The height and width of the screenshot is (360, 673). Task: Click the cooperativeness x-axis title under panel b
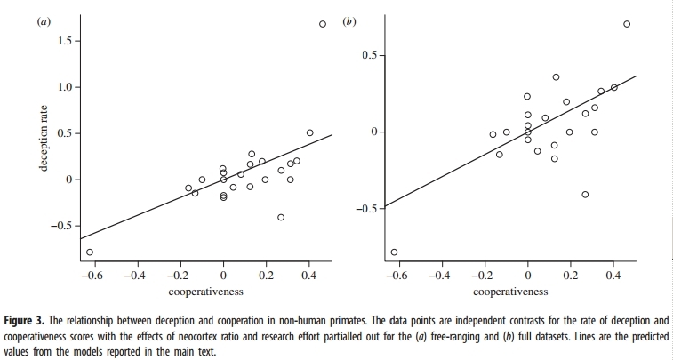510,291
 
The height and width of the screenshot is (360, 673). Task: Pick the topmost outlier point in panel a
323,24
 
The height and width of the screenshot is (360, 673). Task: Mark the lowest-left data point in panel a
89,252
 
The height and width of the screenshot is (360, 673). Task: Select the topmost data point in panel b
627,24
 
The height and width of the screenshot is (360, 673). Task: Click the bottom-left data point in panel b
394,252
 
